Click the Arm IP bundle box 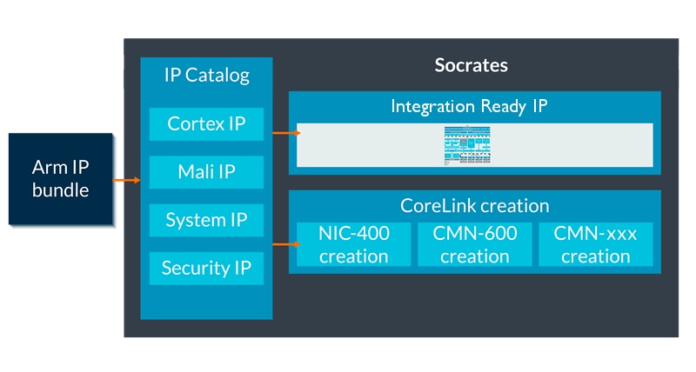tap(61, 178)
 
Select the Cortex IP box tap(206, 123)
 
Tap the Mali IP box tap(206, 171)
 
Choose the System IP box tap(206, 220)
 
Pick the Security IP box tap(206, 268)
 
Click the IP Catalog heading tap(206, 75)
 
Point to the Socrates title tap(471, 65)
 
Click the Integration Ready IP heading tap(474, 106)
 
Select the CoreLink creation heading tap(474, 206)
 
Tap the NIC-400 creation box tap(353, 244)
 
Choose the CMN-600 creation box tap(474, 244)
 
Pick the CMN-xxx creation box tap(596, 244)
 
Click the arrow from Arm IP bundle tap(127, 181)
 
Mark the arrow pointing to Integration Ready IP tap(285, 133)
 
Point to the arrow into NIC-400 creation tap(285, 244)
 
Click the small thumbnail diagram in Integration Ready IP tap(474, 144)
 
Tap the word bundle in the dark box tap(61, 189)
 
